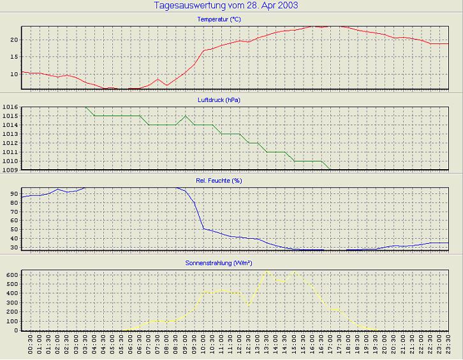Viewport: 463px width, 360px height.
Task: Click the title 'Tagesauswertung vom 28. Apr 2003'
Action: pyautogui.click(x=226, y=6)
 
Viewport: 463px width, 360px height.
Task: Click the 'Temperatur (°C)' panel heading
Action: pyautogui.click(x=219, y=19)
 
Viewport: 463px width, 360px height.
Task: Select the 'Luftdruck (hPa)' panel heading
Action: pyautogui.click(x=219, y=100)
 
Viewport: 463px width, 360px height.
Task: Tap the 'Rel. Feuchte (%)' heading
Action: pyautogui.click(x=219, y=181)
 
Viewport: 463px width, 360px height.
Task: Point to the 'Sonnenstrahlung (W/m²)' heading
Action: pyautogui.click(x=219, y=262)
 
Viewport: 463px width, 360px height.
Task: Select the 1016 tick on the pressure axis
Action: pyautogui.click(x=10, y=107)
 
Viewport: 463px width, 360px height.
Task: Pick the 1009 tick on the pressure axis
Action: pyautogui.click(x=10, y=170)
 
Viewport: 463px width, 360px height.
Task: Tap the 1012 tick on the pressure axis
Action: pyautogui.click(x=10, y=143)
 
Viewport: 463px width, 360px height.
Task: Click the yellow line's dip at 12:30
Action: pyautogui.click(x=249, y=304)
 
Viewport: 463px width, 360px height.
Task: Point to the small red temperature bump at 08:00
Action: pyautogui.click(x=158, y=79)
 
